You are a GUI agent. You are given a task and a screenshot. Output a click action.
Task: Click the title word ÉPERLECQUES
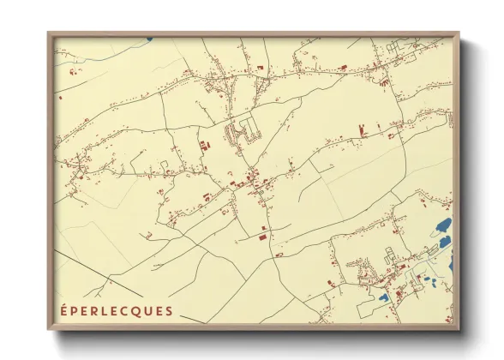pyautogui.click(x=117, y=310)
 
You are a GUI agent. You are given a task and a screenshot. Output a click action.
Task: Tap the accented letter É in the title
pyautogui.click(x=64, y=310)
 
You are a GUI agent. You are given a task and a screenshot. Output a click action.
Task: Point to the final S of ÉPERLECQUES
pyautogui.click(x=170, y=310)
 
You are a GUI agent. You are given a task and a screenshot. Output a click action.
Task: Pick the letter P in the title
pyautogui.click(x=77, y=310)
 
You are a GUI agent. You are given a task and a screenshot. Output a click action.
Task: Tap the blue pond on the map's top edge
pyautogui.click(x=148, y=39)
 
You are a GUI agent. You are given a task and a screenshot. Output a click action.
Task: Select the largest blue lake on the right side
pyautogui.click(x=444, y=227)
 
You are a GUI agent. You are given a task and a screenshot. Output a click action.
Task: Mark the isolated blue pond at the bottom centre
pyautogui.click(x=384, y=297)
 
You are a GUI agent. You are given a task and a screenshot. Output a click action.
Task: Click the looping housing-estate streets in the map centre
pyautogui.click(x=243, y=133)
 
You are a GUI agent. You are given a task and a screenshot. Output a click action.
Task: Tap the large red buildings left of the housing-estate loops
pyautogui.click(x=206, y=148)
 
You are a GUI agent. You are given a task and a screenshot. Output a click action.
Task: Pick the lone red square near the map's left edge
pyautogui.click(x=61, y=98)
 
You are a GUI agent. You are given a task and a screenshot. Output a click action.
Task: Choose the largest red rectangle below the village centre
pyautogui.click(x=262, y=236)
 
